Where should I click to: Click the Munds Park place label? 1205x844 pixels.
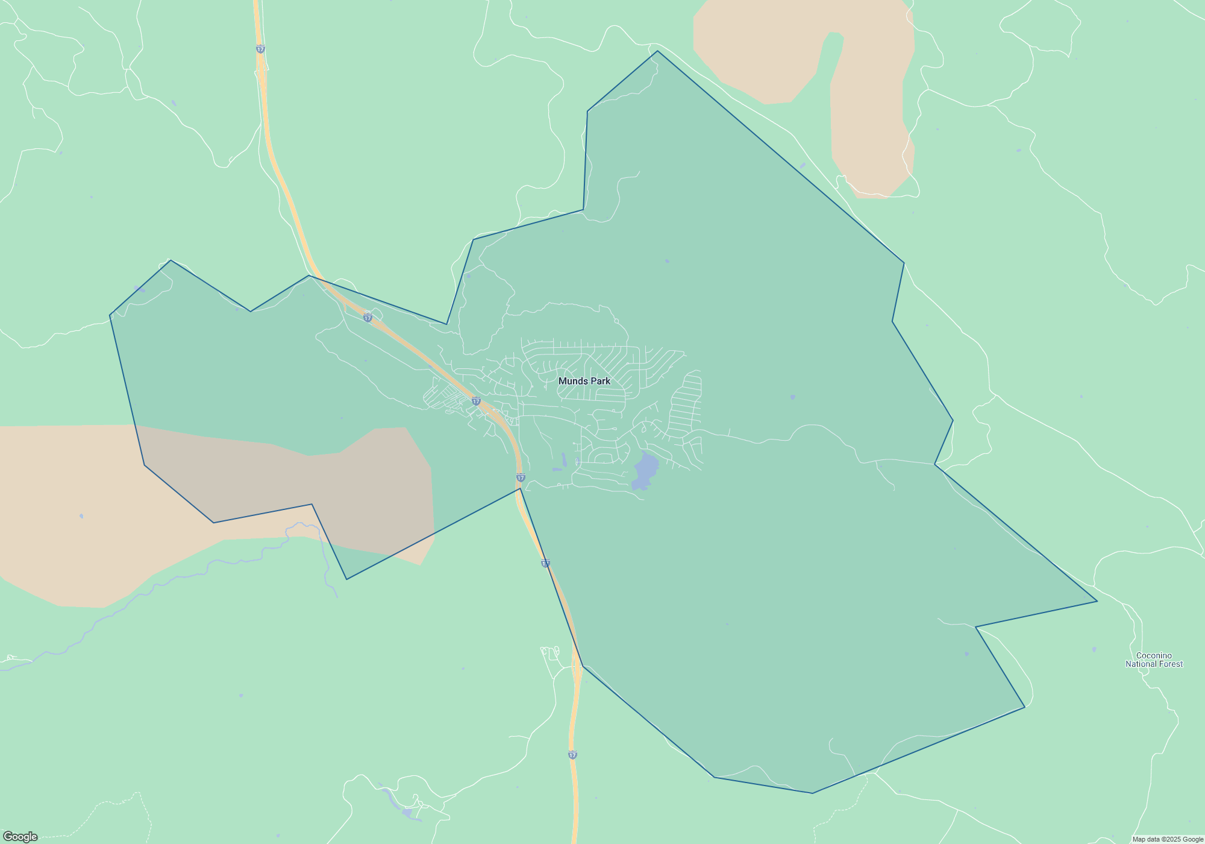pyautogui.click(x=584, y=381)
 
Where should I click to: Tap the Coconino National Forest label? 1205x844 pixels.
pyautogui.click(x=1154, y=660)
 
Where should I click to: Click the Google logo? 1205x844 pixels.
pyautogui.click(x=20, y=837)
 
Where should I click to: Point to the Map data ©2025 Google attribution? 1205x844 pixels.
pyautogui.click(x=1167, y=839)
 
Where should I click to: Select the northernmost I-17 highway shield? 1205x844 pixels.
pyautogui.click(x=260, y=49)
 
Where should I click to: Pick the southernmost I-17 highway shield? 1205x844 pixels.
pyautogui.click(x=572, y=755)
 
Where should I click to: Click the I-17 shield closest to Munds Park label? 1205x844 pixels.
pyautogui.click(x=476, y=401)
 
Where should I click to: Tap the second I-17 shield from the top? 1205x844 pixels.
pyautogui.click(x=368, y=318)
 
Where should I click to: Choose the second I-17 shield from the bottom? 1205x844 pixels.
pyautogui.click(x=545, y=564)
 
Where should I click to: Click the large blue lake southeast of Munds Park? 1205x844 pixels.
pyautogui.click(x=645, y=470)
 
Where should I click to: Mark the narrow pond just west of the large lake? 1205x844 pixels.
pyautogui.click(x=564, y=460)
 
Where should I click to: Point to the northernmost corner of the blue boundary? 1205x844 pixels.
pyautogui.click(x=657, y=51)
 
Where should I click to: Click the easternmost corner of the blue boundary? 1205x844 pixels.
pyautogui.click(x=1097, y=601)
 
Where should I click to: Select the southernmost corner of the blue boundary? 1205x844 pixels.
pyautogui.click(x=812, y=793)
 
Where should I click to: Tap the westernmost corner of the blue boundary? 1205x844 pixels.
pyautogui.click(x=110, y=315)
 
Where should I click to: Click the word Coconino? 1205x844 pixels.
pyautogui.click(x=1154, y=655)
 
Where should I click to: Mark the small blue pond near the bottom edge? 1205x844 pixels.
pyautogui.click(x=407, y=813)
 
